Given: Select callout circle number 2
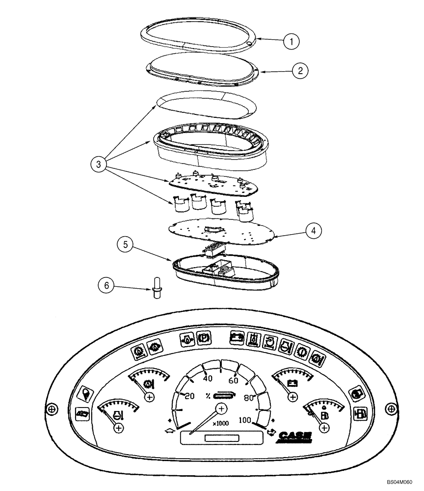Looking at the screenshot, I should tap(300, 70).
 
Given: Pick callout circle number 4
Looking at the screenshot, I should tap(314, 230).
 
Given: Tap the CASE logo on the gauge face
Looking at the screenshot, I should tap(295, 436).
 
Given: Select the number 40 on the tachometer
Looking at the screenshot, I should tap(207, 378).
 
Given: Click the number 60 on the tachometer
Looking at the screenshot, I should tap(233, 381).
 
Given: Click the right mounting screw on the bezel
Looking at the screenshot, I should tap(390, 408).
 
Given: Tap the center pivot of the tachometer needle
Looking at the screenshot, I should tap(221, 409).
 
